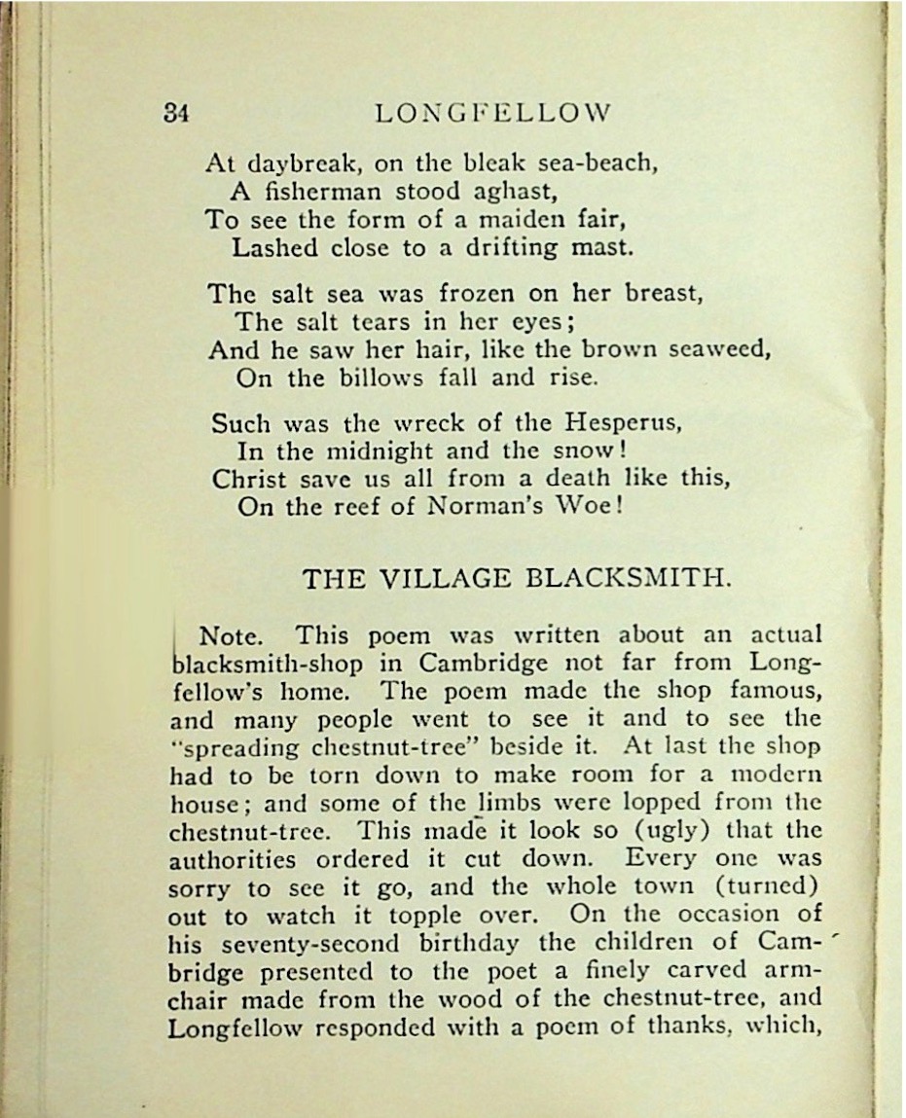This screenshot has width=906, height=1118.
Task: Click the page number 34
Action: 176,112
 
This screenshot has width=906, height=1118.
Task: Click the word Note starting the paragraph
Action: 228,636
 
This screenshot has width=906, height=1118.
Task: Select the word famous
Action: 774,692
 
